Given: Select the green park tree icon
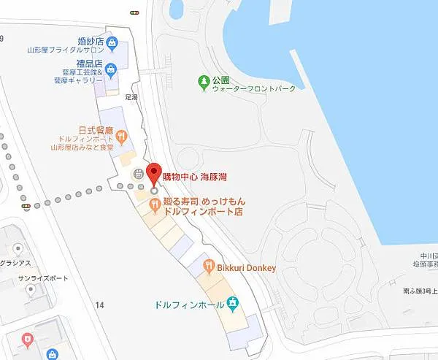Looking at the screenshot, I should (202, 80).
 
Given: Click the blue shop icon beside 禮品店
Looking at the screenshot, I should (109, 70).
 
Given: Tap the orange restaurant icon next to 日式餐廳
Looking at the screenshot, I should (121, 134).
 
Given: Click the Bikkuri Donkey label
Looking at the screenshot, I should (246, 268).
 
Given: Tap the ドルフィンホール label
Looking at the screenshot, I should (189, 303).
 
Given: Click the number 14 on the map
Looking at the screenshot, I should (100, 305).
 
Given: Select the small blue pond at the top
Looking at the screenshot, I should (176, 9).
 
